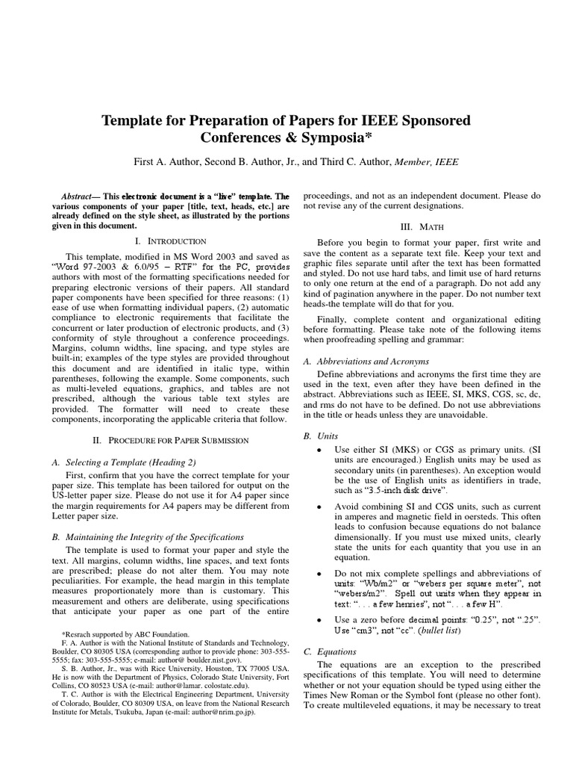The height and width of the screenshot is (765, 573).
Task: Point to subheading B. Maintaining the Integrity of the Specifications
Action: tap(148, 536)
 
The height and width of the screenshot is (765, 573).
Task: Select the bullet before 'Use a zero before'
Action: tap(319, 620)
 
